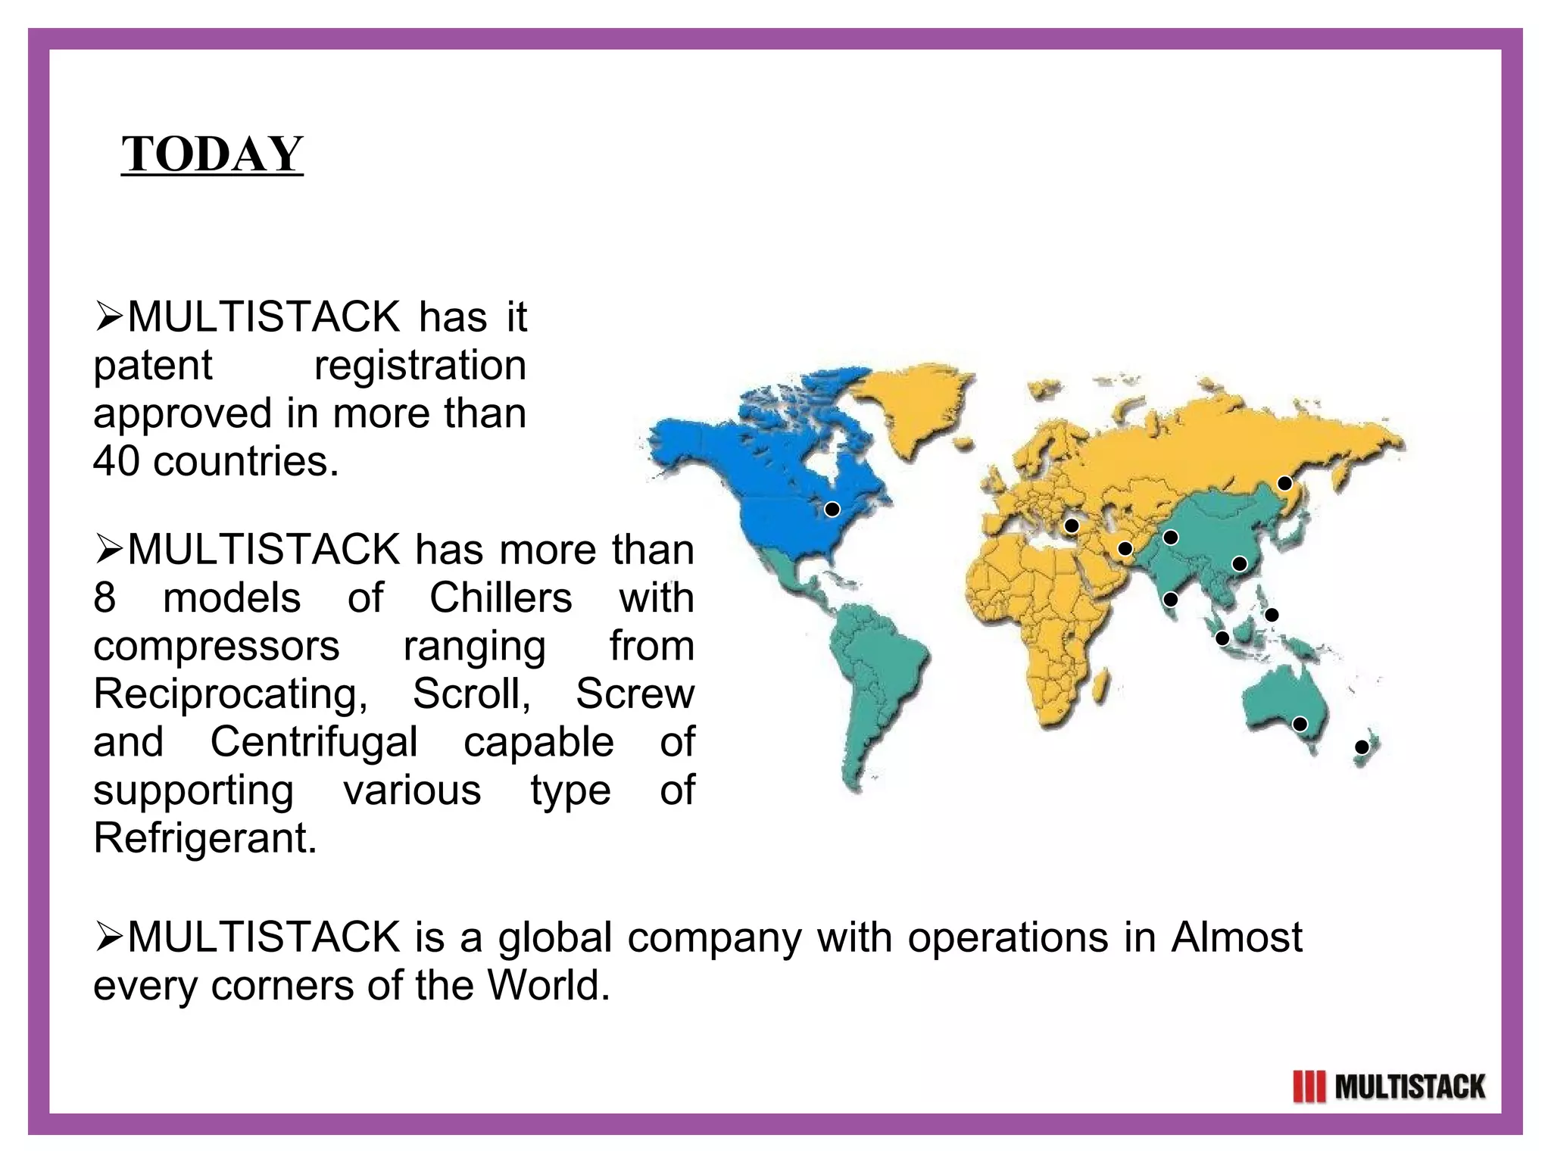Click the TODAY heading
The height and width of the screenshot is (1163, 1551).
(212, 154)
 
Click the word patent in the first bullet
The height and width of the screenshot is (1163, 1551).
(152, 366)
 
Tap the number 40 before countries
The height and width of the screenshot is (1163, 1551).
(117, 461)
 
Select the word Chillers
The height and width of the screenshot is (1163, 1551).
(501, 598)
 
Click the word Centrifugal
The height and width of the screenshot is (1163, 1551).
(314, 742)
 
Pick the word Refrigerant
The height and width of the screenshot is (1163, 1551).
(205, 838)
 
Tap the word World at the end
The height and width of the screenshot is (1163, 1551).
(548, 986)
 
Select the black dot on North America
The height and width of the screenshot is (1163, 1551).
(832, 510)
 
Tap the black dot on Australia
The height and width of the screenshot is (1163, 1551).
(1300, 724)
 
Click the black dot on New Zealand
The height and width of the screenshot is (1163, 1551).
(1362, 747)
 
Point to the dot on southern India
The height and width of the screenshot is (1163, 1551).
(1170, 600)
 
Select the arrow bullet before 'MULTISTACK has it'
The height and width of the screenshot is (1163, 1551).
(108, 317)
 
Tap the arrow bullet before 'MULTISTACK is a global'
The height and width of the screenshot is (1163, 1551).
(108, 938)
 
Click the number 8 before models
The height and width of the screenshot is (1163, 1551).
(105, 598)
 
